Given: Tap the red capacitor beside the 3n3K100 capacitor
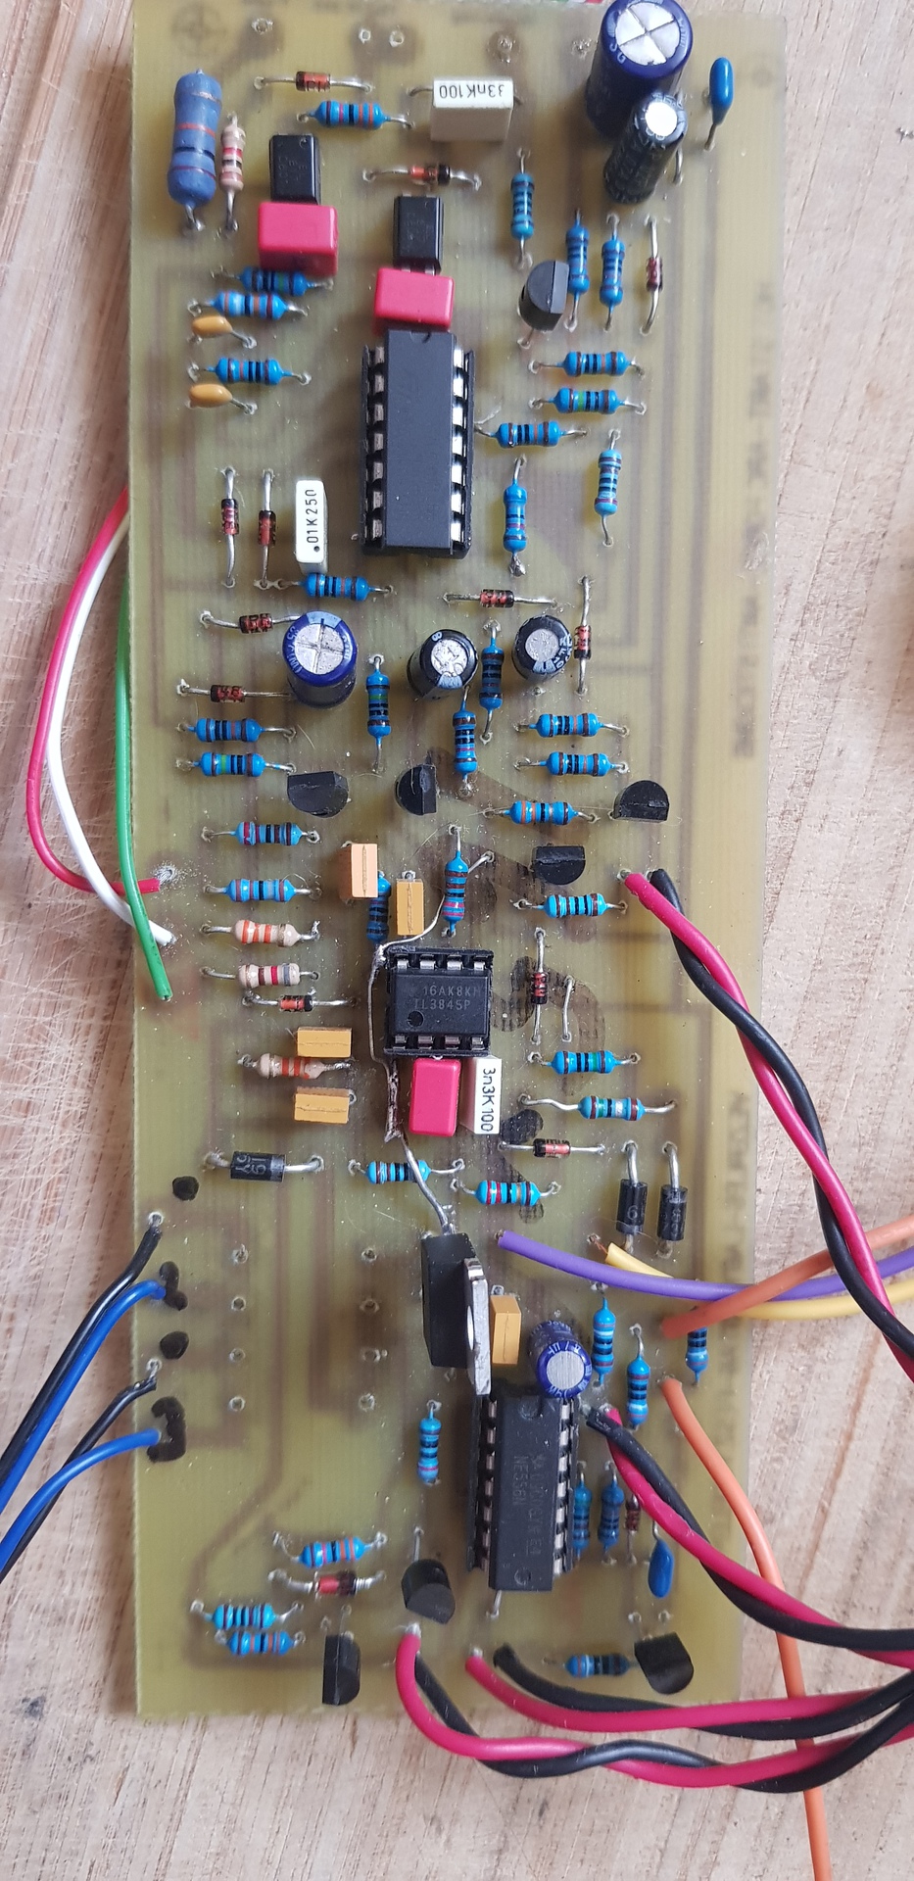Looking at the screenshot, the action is (x=435, y=1096).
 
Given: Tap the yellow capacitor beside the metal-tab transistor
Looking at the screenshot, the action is (x=505, y=1328).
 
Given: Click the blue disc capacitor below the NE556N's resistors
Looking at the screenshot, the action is (x=661, y=1559).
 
